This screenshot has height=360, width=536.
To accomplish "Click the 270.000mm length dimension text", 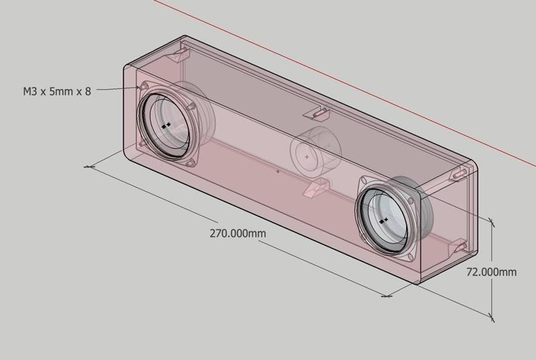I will (238, 234).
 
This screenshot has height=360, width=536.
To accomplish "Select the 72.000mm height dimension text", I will (491, 272).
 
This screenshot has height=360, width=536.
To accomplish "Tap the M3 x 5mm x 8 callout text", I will (56, 91).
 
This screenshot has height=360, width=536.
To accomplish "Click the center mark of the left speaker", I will (166, 125).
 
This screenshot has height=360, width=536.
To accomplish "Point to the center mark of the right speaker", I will (383, 219).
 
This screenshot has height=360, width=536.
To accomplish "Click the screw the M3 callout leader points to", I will (143, 87).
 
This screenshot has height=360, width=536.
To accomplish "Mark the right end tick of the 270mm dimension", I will (387, 295).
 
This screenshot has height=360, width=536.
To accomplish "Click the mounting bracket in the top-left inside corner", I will (179, 54).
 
